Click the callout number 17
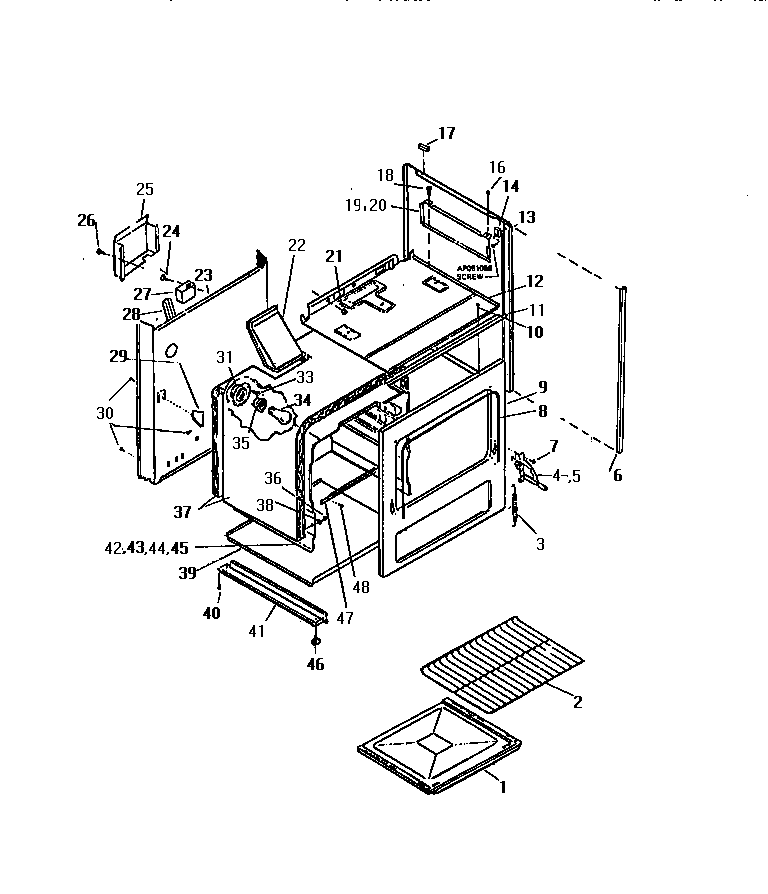446,133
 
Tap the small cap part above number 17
424,145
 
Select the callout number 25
145,189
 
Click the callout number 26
87,220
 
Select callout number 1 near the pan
503,787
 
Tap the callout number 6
617,476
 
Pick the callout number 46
316,663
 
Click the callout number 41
257,631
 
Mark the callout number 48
361,587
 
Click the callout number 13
526,217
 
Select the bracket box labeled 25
132,245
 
